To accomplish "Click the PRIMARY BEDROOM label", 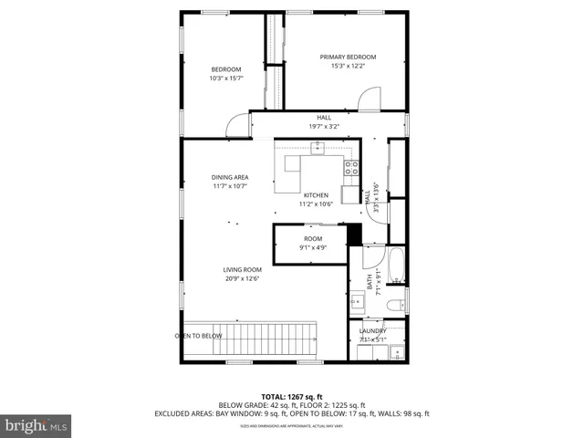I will pyautogui.click(x=348, y=57).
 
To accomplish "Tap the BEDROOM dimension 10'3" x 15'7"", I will pyautogui.click(x=225, y=78).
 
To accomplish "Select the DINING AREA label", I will pyautogui.click(x=230, y=177).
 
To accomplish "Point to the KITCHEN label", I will pyautogui.click(x=316, y=195).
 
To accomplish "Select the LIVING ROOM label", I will pyautogui.click(x=243, y=269).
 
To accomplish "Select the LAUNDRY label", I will pyautogui.click(x=373, y=331).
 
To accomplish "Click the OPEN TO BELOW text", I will pyautogui.click(x=198, y=336).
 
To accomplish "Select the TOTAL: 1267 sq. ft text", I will pyautogui.click(x=292, y=396).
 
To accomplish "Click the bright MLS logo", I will pyautogui.click(x=36, y=424).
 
